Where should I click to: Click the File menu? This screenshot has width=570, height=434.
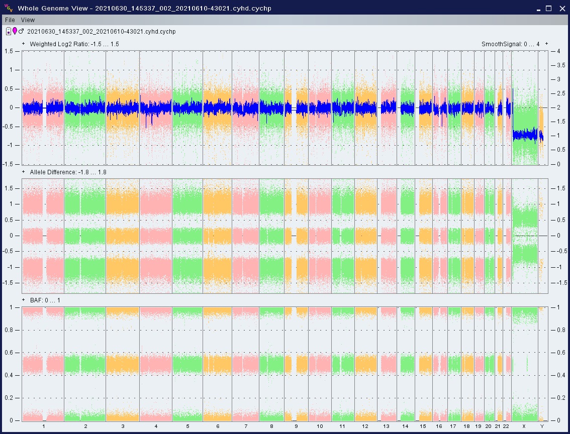coord(10,20)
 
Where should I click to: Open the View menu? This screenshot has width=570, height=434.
coord(28,20)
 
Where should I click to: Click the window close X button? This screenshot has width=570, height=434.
coord(562,9)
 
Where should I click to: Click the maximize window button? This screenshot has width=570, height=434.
coord(548,9)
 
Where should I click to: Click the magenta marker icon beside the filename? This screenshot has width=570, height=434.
coord(15,31)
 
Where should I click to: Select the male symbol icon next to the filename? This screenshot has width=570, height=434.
coord(21,31)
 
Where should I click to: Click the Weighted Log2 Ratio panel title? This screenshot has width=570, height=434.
coord(74,44)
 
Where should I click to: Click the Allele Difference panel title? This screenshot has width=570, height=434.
coord(68,172)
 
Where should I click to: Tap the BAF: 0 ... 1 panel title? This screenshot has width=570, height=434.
coord(45,300)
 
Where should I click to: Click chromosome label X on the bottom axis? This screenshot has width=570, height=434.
coord(524,426)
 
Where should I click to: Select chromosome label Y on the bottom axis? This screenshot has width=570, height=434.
coord(542,426)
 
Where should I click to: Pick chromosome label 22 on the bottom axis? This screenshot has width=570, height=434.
coord(506,426)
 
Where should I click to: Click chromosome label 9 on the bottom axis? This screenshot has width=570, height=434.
coord(296,426)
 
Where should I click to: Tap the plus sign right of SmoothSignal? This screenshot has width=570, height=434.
coord(546,44)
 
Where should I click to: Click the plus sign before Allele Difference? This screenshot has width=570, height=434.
coord(23,172)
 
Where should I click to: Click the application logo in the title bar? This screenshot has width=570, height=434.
coord(9,8)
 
